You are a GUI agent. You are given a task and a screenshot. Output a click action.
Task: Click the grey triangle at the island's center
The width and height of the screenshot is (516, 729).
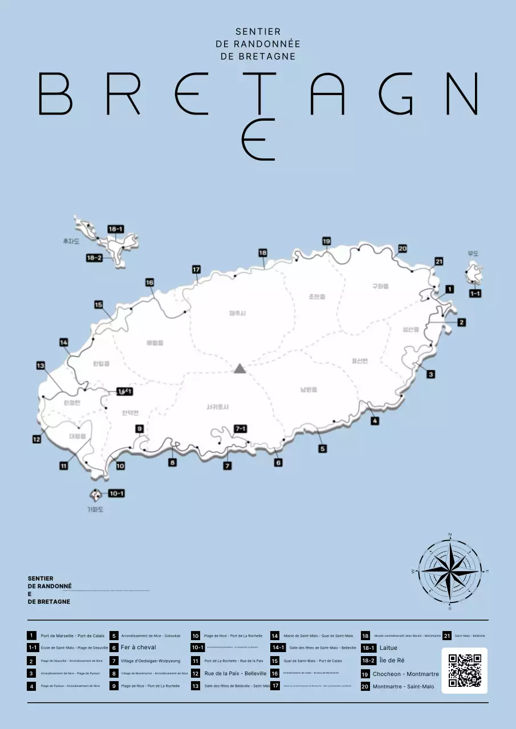click(239, 368)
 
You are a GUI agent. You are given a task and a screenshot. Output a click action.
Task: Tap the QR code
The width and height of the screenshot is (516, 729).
click(464, 670)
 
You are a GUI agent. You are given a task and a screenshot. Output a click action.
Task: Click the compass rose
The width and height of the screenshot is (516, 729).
click(450, 571)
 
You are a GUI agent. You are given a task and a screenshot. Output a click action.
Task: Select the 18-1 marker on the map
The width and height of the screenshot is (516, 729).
click(116, 229)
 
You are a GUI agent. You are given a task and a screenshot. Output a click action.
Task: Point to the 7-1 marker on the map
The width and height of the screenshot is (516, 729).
click(241, 429)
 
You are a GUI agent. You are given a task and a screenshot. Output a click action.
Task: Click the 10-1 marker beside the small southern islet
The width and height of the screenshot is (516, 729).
click(116, 493)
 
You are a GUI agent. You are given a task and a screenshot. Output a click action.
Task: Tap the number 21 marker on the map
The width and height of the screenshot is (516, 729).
click(438, 261)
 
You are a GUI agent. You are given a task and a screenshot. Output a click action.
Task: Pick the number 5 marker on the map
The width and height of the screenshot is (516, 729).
click(323, 449)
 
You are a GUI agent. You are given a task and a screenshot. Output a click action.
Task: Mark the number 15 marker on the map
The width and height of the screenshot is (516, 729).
click(99, 305)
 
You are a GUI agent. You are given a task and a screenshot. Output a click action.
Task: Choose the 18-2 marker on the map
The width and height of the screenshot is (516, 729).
click(94, 258)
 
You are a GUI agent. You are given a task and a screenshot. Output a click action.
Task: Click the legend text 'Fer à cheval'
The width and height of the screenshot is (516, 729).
click(138, 648)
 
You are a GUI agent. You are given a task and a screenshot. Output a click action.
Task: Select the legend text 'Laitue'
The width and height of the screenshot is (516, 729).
click(388, 648)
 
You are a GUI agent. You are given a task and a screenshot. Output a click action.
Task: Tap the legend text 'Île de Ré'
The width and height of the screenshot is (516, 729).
click(392, 661)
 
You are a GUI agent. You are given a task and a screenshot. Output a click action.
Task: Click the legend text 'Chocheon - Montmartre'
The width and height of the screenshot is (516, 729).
click(405, 674)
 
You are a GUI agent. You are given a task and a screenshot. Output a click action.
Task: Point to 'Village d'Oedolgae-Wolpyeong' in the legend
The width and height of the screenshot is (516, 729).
click(151, 661)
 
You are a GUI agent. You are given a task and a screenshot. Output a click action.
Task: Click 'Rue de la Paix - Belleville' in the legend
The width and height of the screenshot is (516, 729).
click(235, 673)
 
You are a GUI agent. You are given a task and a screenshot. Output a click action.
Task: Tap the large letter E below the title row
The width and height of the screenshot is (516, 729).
click(258, 140)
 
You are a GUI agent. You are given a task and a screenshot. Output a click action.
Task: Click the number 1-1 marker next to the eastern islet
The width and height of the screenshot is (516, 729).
click(474, 293)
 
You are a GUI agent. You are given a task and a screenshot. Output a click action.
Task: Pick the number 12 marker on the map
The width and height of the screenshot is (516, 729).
click(36, 439)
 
